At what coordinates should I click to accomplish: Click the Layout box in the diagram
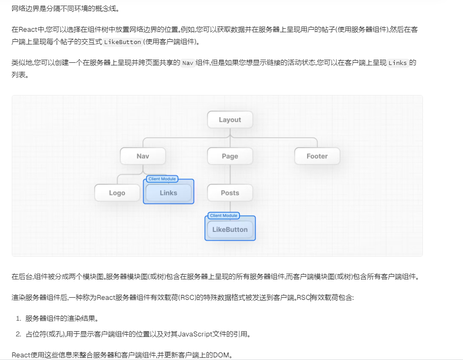(230, 120)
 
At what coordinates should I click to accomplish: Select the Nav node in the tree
(143, 156)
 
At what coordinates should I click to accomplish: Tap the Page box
(230, 156)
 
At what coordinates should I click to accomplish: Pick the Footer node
(317, 156)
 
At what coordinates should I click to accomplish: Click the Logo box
(117, 193)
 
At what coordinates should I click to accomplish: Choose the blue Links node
(169, 193)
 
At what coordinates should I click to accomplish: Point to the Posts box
(230, 193)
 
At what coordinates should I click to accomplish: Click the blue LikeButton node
(230, 230)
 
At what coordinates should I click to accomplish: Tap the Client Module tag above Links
(162, 179)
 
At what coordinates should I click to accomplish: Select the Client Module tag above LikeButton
(223, 215)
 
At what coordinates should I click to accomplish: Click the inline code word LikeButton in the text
(123, 42)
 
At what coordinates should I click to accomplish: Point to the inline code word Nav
(188, 63)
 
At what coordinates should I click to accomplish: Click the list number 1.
(19, 319)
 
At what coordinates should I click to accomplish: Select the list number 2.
(19, 334)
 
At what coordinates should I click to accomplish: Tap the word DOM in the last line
(222, 355)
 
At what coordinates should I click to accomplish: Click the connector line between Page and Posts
(230, 174)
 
